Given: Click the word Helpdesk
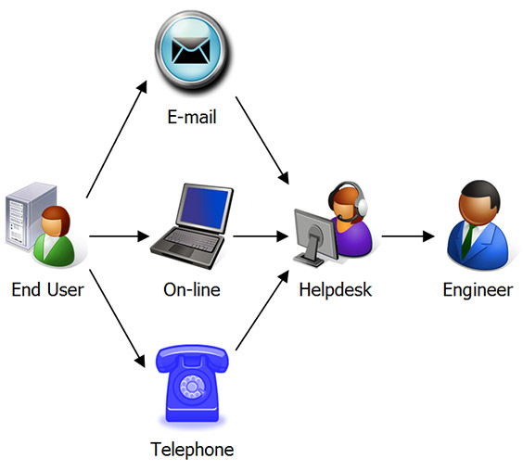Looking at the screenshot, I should pyautogui.click(x=335, y=290).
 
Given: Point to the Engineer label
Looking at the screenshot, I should pyautogui.click(x=477, y=290).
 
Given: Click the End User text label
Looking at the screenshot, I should pyautogui.click(x=47, y=290).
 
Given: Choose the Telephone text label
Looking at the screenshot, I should pyautogui.click(x=192, y=451).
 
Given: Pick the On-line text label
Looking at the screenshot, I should pyautogui.click(x=192, y=290).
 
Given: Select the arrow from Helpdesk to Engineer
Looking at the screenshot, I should pyautogui.click(x=407, y=235).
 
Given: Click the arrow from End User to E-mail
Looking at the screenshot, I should pyautogui.click(x=115, y=139).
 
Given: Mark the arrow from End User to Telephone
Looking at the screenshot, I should pyautogui.click(x=115, y=315).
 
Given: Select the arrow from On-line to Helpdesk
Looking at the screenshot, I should pyautogui.click(x=260, y=235).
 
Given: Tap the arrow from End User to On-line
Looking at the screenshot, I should pyautogui.click(x=117, y=235).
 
